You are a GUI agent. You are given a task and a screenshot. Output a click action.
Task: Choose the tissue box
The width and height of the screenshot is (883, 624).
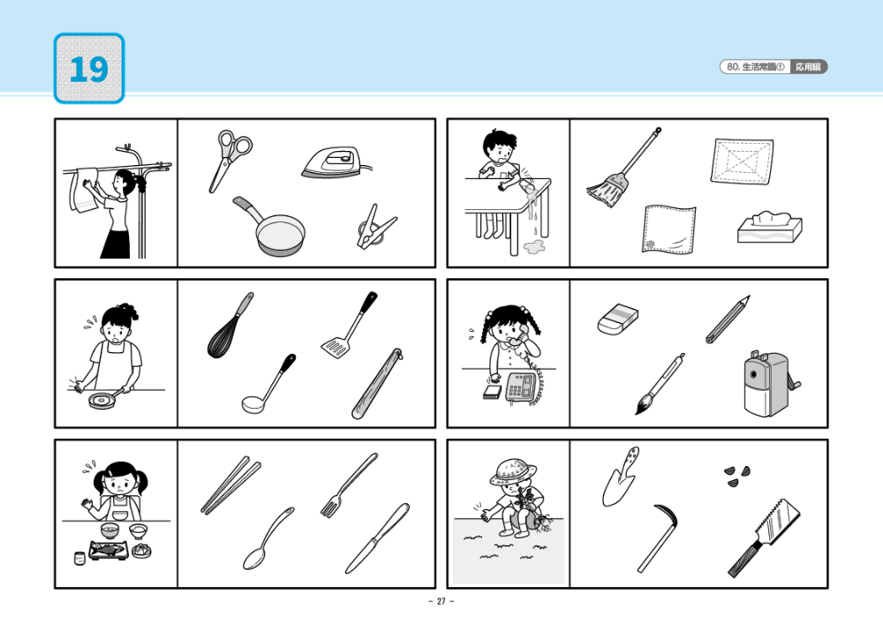[769, 228]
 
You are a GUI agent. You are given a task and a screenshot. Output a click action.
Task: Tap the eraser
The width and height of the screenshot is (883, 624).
[618, 320]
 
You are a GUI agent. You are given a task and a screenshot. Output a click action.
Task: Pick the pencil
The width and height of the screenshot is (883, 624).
[727, 320]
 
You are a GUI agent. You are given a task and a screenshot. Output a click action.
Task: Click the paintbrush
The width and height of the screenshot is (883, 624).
[658, 384]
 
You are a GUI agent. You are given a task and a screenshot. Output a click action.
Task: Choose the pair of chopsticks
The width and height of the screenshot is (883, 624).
[230, 485]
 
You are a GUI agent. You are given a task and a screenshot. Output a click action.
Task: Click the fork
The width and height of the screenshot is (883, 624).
[348, 485]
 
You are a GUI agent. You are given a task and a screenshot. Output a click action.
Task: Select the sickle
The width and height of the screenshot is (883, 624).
[657, 538]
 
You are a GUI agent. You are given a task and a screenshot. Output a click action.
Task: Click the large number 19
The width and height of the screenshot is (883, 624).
[88, 69]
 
